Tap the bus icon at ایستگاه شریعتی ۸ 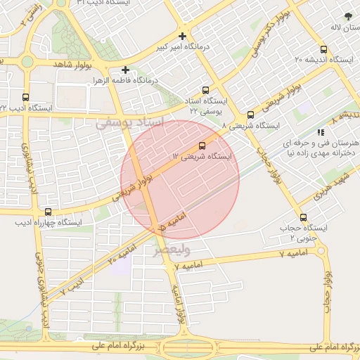click(x=250, y=115)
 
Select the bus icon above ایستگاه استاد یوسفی click(x=205, y=90)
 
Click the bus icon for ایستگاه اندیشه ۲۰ click(x=323, y=49)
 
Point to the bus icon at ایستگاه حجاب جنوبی click(x=303, y=217)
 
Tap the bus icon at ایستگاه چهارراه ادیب click(x=48, y=212)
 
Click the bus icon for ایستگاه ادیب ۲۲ click(x=26, y=98)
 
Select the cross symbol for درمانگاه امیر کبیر click(x=183, y=36)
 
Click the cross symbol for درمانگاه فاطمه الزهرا click(x=125, y=70)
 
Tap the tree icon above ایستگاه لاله click(x=348, y=15)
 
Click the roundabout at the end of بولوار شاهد click(x=27, y=62)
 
